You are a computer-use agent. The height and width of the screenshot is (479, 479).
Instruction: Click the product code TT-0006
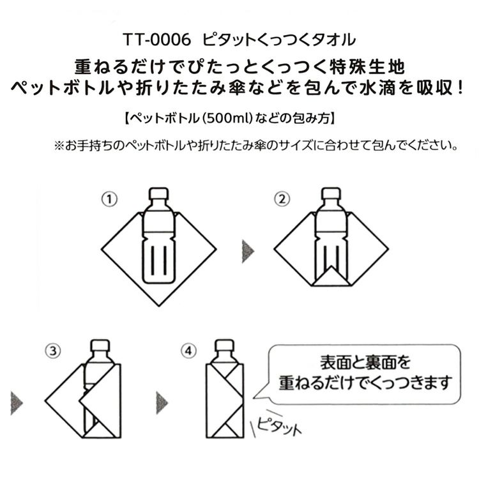coord(156,40)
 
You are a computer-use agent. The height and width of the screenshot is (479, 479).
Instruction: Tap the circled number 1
coord(109,199)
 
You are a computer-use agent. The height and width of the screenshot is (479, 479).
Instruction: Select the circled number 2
coord(282,199)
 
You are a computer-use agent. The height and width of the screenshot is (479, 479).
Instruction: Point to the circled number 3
coord(53,351)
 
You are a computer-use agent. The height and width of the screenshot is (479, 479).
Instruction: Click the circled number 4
coord(188,351)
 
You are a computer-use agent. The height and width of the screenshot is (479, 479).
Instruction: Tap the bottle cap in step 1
coord(159,194)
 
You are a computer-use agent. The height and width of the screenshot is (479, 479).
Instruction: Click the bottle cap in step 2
coord(331,194)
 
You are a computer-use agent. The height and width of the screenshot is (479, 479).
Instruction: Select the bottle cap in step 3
coord(100,346)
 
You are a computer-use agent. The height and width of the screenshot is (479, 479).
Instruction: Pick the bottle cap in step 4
coord(225,346)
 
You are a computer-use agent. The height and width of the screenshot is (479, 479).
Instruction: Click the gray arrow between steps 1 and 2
coord(247,252)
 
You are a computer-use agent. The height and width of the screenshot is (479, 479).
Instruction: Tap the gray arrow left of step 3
coord(16,403)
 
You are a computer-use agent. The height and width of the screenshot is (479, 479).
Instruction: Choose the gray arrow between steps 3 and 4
coord(162,403)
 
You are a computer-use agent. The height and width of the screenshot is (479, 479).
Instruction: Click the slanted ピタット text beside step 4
coord(278,425)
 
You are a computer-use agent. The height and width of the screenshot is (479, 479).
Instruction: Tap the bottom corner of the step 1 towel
coord(159,306)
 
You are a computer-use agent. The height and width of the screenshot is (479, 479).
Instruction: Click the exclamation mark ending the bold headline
coord(460,87)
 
